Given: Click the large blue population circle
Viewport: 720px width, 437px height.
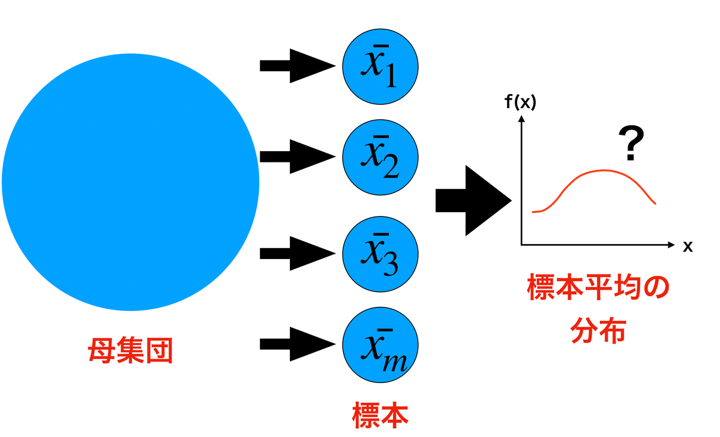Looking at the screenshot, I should click(130, 182).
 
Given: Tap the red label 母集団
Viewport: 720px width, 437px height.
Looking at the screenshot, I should click(130, 352).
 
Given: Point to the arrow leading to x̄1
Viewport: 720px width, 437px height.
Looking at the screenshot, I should click(296, 65).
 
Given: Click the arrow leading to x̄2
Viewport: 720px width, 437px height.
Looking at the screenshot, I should click(296, 157).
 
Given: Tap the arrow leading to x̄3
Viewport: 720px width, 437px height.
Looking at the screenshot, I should click(296, 252).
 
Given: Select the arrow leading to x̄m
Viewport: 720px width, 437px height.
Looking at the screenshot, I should click(296, 344).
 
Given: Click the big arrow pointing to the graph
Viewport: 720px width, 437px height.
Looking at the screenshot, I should click(473, 200).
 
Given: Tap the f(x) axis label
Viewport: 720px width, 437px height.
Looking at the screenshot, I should click(520, 103).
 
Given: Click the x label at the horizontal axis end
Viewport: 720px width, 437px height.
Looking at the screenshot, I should click(688, 246).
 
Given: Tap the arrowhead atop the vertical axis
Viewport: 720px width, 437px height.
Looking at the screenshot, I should click(521, 119).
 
